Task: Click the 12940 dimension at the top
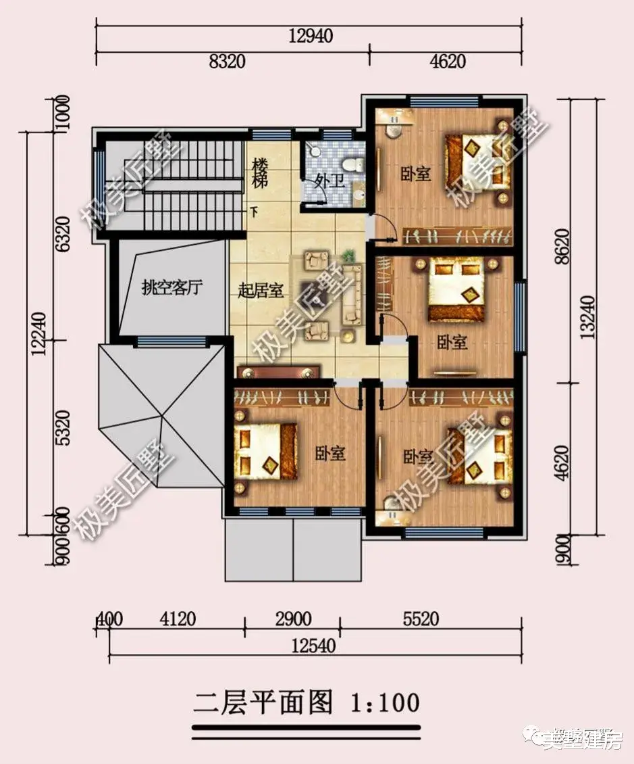pyautogui.click(x=312, y=36)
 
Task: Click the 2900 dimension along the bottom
pyautogui.click(x=293, y=619)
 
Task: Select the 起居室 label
pyautogui.click(x=261, y=291)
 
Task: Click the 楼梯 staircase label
pyautogui.click(x=261, y=173)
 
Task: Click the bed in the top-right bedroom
pyautogui.click(x=475, y=160)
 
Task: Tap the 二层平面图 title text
pyautogui.click(x=263, y=703)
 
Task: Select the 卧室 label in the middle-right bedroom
pyautogui.click(x=452, y=343)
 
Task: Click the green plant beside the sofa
pyautogui.click(x=349, y=256)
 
